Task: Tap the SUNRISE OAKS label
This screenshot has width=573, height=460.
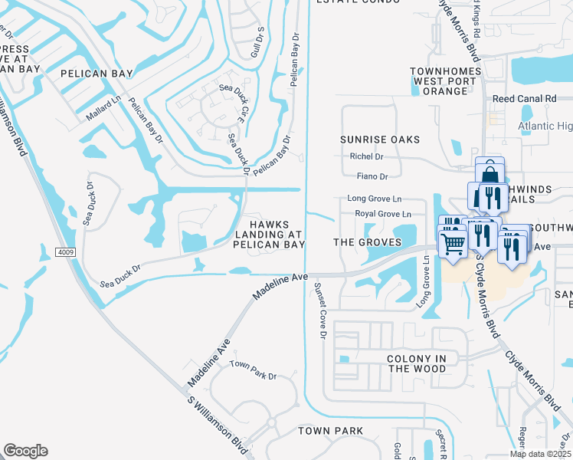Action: click(x=381, y=139)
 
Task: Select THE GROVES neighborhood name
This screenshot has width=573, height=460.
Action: click(x=368, y=242)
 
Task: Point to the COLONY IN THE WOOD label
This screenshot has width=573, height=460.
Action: click(x=417, y=363)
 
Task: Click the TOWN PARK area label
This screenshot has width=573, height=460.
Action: click(x=330, y=431)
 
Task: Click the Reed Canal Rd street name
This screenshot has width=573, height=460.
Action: click(x=524, y=99)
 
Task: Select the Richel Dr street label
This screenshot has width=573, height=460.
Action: click(x=366, y=156)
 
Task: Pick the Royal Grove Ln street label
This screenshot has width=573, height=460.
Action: click(x=378, y=214)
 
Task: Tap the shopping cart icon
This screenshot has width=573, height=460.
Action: click(x=453, y=245)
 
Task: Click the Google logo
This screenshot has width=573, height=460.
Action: click(x=25, y=450)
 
